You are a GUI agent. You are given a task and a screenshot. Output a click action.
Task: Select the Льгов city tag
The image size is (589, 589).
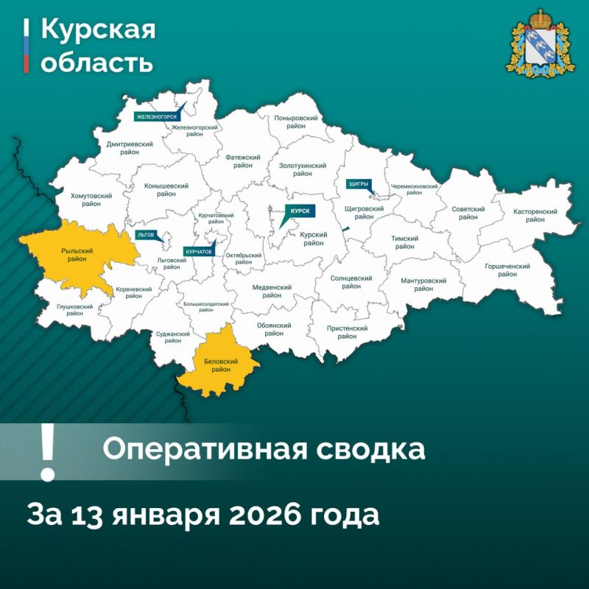[x=146, y=235]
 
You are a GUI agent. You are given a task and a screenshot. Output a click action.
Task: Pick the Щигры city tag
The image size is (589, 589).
[x=357, y=183]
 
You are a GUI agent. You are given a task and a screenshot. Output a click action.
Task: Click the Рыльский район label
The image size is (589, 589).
[x=74, y=254]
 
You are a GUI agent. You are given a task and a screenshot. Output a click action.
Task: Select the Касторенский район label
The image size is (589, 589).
[x=535, y=216]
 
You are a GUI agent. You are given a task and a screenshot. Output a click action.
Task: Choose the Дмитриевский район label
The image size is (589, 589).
[x=129, y=149]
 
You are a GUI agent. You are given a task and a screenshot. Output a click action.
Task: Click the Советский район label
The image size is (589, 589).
[x=468, y=213]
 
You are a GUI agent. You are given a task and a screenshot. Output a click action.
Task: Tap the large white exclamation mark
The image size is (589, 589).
[x=48, y=451]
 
